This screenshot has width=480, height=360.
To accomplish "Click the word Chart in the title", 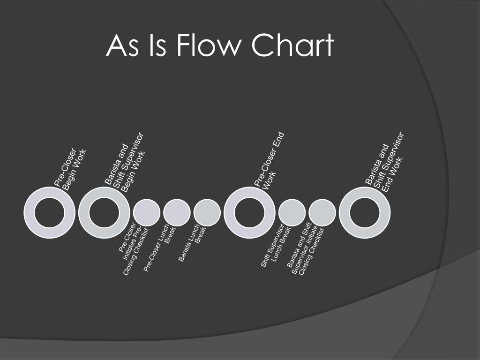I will click(x=292, y=46).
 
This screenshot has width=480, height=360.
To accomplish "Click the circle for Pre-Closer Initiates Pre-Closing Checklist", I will click(x=147, y=212).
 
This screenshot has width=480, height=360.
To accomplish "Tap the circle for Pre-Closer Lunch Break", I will click(x=177, y=212).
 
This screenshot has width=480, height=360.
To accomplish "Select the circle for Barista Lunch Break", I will click(x=207, y=212).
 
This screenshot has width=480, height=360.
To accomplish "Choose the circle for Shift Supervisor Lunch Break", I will click(x=292, y=212).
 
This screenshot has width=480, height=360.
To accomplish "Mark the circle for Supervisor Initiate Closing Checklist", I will click(x=322, y=212).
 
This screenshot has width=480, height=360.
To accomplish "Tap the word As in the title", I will click(x=120, y=46).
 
